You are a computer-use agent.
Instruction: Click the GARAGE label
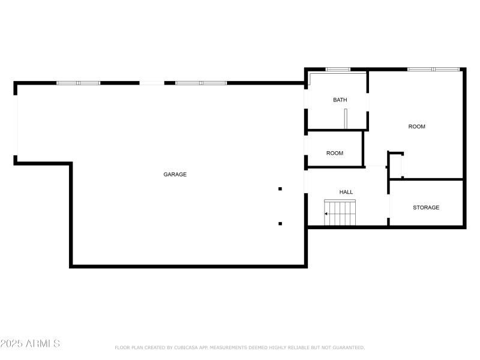click(x=175, y=175)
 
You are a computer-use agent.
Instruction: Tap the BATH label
click(x=340, y=100)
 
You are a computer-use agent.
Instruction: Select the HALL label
click(x=346, y=192)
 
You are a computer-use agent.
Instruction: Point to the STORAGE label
click(x=426, y=208)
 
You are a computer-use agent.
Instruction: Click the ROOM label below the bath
click(x=335, y=153)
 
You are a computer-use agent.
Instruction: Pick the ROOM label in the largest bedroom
click(x=417, y=127)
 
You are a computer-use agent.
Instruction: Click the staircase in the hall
click(x=341, y=213)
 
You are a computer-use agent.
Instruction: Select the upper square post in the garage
click(x=280, y=189)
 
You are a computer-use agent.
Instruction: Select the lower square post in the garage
click(x=280, y=224)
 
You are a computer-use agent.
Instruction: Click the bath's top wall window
click(x=338, y=70)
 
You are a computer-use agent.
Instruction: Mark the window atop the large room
click(x=434, y=70)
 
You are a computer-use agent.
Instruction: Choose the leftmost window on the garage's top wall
click(x=79, y=83)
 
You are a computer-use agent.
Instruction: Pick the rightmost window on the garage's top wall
click(x=201, y=83)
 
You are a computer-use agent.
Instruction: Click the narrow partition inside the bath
click(x=346, y=119)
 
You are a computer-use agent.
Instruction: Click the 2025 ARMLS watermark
click(x=30, y=344)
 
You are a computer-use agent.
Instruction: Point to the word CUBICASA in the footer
click(x=184, y=347)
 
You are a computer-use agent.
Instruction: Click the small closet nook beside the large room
click(x=395, y=166)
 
